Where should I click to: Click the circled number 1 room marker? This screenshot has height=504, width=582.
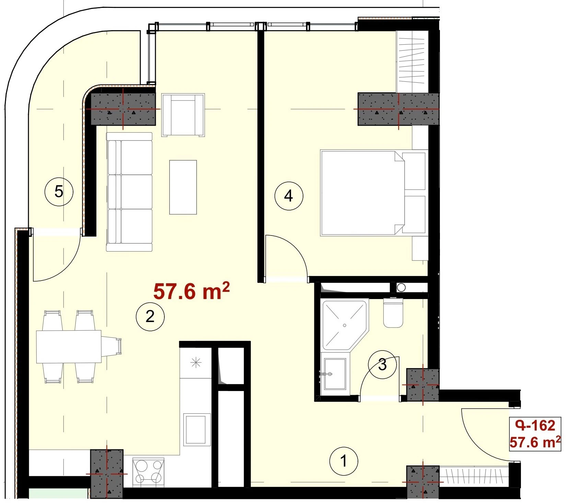point(344,461)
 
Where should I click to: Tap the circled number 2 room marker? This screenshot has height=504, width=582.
point(150,317)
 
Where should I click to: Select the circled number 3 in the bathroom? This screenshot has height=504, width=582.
point(382,365)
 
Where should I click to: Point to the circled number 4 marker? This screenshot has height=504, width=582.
point(289,196)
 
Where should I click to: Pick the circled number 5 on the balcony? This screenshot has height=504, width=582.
point(59,192)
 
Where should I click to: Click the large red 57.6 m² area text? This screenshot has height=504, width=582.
point(191,291)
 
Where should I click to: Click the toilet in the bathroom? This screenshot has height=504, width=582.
point(393,312)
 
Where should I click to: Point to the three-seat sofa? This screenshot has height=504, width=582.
point(129,192)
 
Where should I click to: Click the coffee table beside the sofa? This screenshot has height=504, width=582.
point(183,187)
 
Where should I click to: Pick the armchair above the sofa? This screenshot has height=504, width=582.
point(183,115)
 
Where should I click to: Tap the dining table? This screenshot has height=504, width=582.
point(69,347)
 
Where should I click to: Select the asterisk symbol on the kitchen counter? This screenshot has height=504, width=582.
point(196,363)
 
